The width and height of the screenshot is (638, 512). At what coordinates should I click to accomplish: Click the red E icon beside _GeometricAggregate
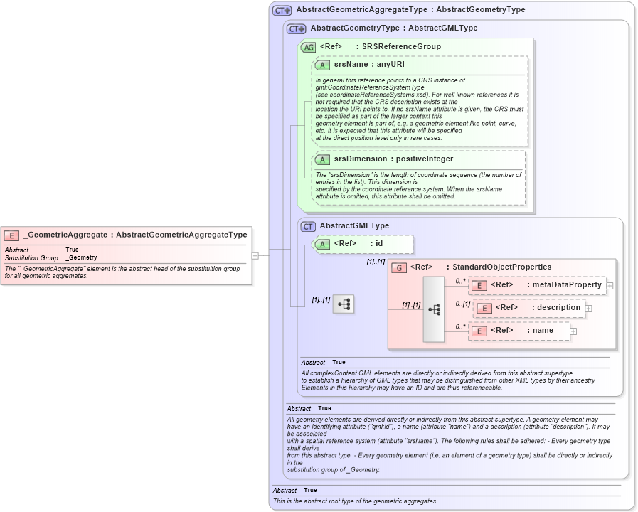[x=12, y=235]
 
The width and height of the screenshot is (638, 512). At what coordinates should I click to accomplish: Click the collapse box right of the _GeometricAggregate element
[x=255, y=255]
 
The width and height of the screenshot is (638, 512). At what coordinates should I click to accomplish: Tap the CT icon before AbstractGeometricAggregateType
[x=282, y=11]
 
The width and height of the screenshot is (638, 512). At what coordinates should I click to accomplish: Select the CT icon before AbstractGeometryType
[x=296, y=28]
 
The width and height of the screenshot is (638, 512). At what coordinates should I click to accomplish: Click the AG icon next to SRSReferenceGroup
[x=309, y=47]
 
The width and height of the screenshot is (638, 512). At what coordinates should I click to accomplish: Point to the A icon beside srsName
[x=322, y=65]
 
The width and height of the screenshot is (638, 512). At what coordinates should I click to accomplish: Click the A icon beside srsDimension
[x=322, y=159]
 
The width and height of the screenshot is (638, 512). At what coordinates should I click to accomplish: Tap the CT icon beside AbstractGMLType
[x=308, y=226]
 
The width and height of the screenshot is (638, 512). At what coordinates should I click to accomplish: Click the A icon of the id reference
[x=322, y=244]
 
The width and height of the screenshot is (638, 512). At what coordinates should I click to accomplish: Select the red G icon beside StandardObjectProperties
[x=399, y=267]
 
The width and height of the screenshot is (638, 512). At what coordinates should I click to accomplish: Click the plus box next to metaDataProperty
[x=610, y=285]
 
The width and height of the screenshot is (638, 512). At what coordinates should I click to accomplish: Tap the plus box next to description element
[x=588, y=308]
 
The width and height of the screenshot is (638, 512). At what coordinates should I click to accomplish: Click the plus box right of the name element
[x=573, y=331]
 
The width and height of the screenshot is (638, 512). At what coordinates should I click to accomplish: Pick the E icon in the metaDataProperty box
[x=479, y=285]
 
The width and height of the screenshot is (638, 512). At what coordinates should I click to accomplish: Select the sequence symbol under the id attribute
[x=344, y=304]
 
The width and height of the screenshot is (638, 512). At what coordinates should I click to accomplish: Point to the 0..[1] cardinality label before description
[x=463, y=304]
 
